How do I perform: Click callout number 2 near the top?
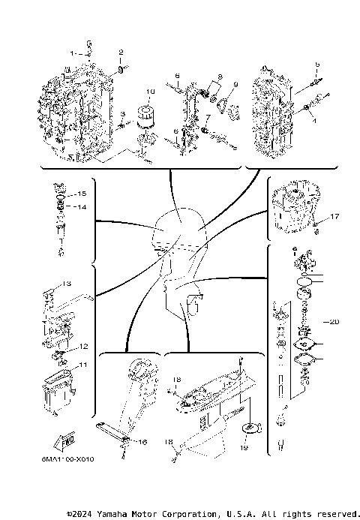120,52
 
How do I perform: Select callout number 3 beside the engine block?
121,113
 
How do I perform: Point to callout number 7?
207,118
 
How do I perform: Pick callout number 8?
220,77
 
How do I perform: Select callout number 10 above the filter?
149,92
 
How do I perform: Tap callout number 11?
83,365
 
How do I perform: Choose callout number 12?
84,346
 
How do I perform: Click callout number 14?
82,207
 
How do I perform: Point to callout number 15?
82,194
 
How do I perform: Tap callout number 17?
334,217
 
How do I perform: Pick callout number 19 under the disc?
243,447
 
